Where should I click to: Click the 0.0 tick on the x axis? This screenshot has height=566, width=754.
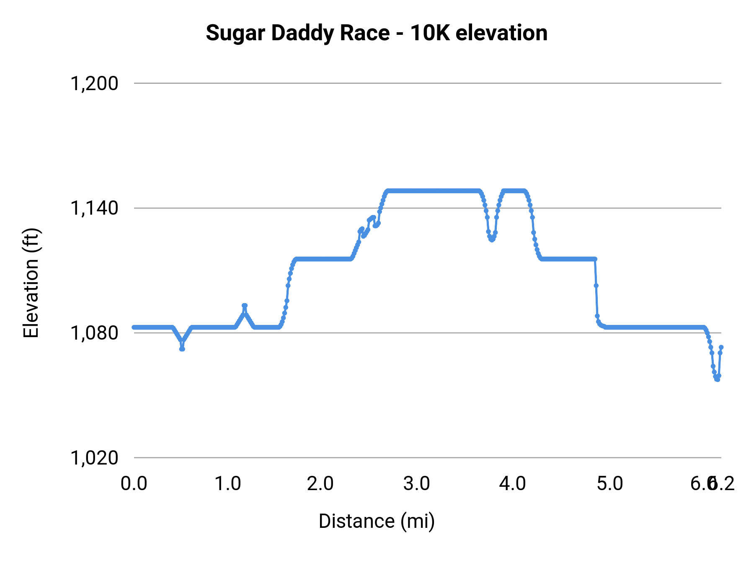[134, 483]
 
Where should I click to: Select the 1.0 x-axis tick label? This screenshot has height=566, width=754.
[227, 483]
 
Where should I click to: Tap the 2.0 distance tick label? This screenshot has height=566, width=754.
[320, 483]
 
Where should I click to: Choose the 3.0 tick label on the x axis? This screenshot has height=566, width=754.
[416, 483]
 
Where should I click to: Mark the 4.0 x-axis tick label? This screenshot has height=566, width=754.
[512, 483]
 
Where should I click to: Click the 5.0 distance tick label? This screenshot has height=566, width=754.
[609, 483]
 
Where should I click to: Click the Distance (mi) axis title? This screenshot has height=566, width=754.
[377, 521]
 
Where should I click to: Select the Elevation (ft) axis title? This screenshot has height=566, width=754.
[31, 283]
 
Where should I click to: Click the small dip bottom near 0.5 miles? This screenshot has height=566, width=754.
[182, 348]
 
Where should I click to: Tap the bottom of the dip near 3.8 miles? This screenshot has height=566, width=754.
[492, 240]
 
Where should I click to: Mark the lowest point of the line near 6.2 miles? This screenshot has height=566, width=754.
[717, 379]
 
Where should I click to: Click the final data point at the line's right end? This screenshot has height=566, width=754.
[721, 347]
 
